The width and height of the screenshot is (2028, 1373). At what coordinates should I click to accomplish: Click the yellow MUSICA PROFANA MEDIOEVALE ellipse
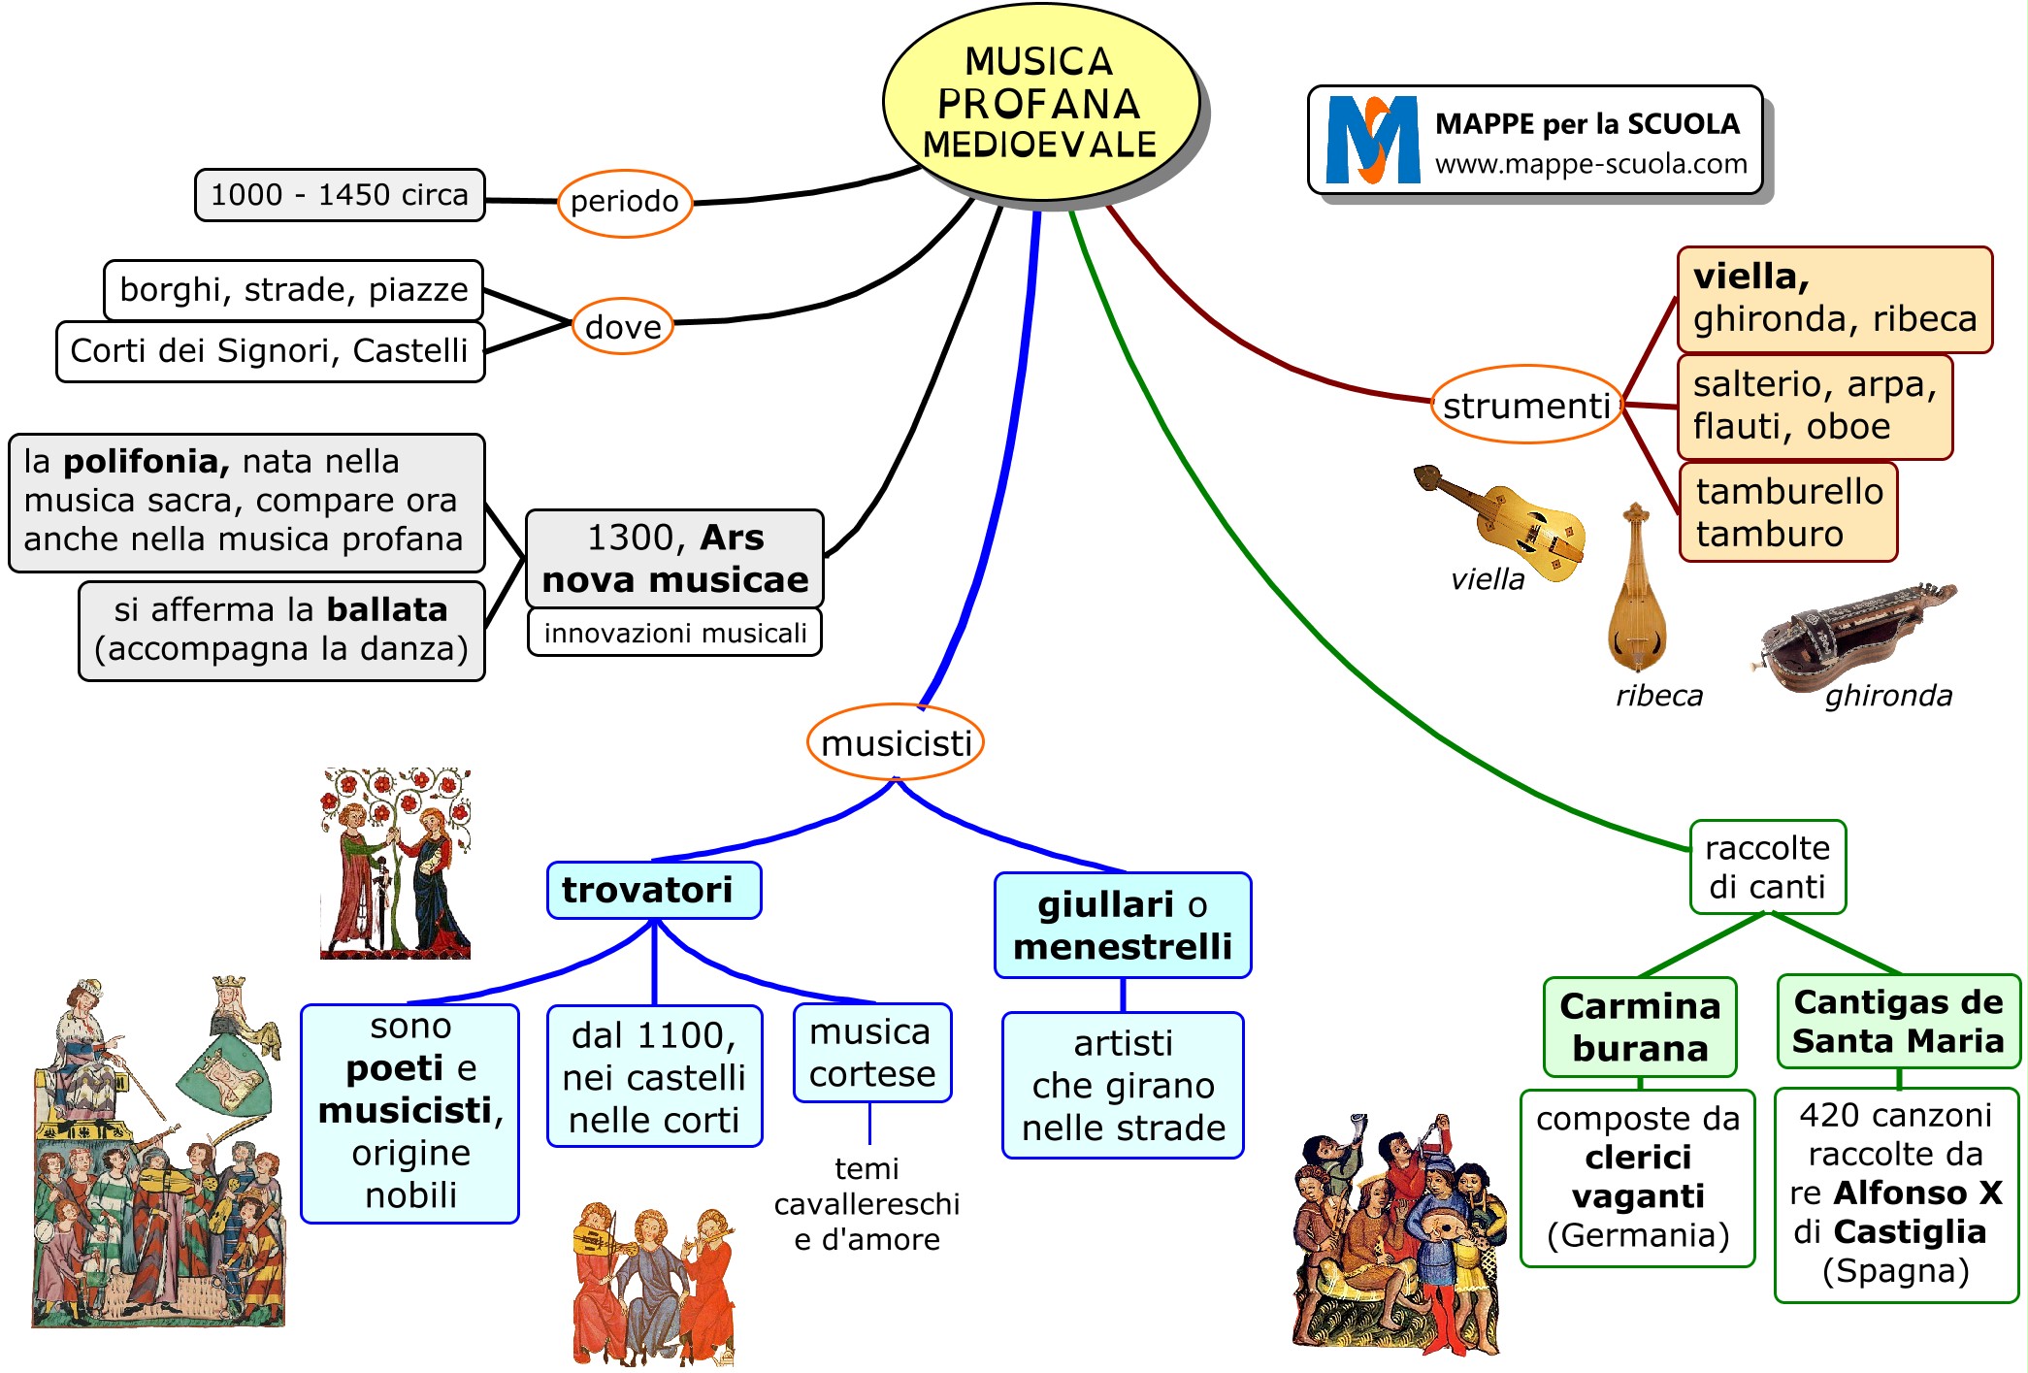click(x=1039, y=103)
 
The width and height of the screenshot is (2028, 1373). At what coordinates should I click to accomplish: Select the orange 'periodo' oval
click(x=625, y=202)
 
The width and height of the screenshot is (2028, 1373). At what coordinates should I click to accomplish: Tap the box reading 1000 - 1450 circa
click(x=340, y=195)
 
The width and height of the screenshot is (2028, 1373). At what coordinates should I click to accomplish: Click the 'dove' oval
click(x=622, y=327)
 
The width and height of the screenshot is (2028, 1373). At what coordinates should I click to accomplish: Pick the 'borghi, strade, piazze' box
click(x=293, y=290)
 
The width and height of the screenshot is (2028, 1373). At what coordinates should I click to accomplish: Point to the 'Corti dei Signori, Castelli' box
click(x=270, y=350)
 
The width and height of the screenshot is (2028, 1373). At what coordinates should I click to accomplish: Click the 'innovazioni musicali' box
click(x=674, y=633)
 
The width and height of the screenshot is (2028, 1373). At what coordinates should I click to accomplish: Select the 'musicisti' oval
click(x=896, y=743)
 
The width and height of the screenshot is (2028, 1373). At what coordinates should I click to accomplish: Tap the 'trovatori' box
click(x=653, y=890)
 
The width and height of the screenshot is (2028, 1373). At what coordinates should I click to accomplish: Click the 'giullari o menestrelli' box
click(x=1123, y=926)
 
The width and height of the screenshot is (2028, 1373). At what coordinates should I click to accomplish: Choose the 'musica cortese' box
click(x=871, y=1053)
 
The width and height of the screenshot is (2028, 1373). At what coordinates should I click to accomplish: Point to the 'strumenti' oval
click(x=1526, y=406)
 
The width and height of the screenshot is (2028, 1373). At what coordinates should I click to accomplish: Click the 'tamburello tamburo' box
click(x=1788, y=512)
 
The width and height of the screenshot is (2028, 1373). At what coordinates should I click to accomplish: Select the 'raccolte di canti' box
click(x=1767, y=867)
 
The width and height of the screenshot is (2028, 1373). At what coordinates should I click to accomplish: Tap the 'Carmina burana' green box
click(x=1640, y=1027)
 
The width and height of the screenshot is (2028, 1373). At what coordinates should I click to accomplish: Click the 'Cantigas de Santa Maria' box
click(x=1898, y=1021)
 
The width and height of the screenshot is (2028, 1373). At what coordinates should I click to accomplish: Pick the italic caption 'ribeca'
click(x=1658, y=696)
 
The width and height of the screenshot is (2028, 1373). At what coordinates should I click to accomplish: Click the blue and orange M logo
click(x=1371, y=140)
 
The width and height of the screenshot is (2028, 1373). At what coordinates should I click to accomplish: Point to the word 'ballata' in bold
click(x=387, y=609)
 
